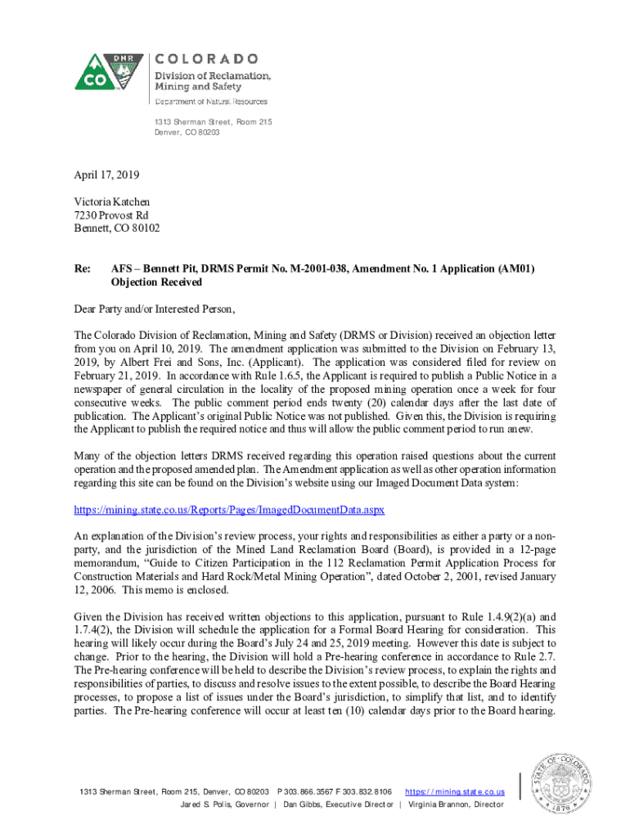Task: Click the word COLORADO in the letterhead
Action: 207,59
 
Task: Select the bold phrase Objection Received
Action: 156,282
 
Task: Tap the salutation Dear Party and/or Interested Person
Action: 155,309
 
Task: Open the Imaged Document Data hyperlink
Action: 229,509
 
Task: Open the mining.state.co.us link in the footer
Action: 455,792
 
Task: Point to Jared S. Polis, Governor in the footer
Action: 223,804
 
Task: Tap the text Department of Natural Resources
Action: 212,101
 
